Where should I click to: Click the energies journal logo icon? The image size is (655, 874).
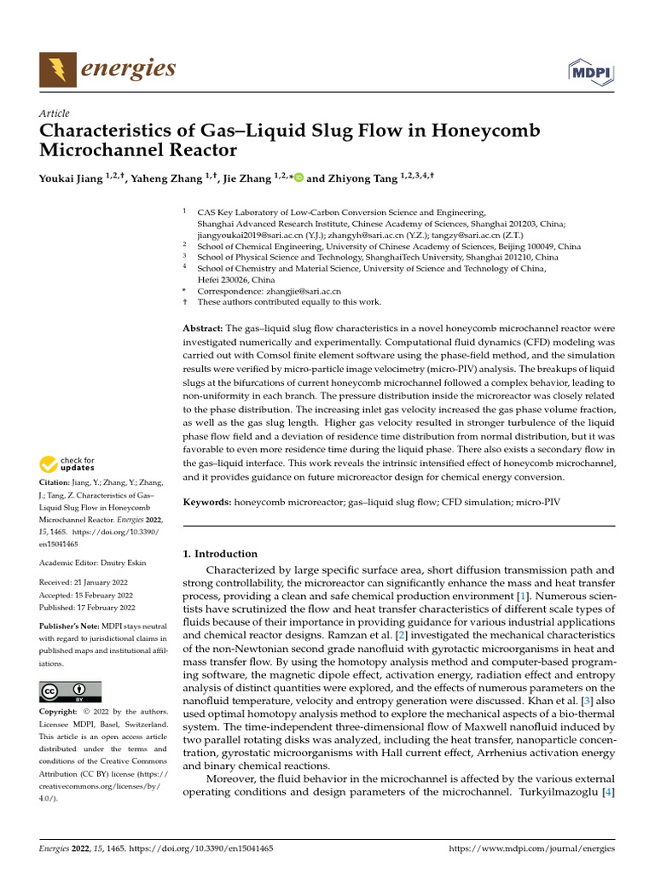pos(55,67)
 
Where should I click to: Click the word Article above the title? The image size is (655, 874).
pos(55,114)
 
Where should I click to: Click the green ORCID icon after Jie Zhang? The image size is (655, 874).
pos(299,178)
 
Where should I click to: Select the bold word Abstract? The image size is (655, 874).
pos(203,329)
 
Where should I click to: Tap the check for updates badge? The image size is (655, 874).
pos(68,465)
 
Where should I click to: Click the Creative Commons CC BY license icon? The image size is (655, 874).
pos(70,691)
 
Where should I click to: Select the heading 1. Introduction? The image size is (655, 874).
pos(220,554)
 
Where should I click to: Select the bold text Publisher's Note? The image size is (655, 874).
pos(68,626)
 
